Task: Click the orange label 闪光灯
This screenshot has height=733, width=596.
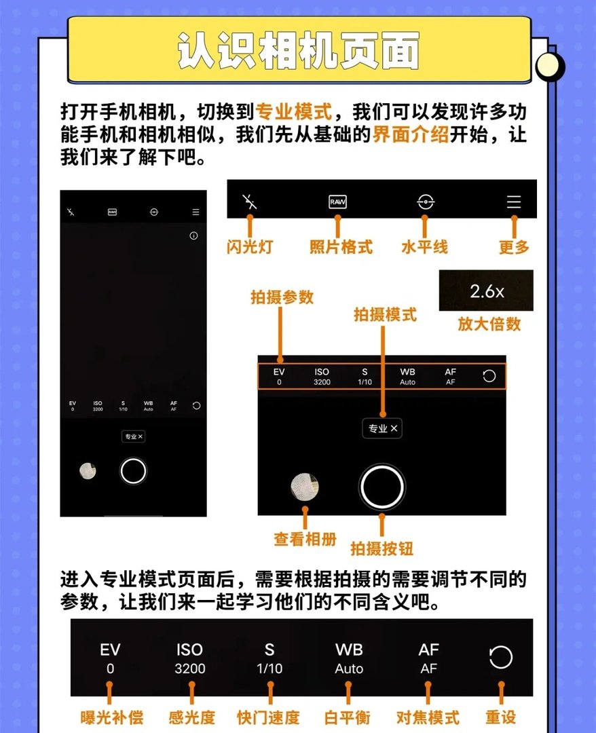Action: [250, 246]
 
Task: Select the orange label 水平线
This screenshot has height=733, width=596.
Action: [424, 246]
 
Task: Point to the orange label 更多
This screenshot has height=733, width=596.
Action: [514, 247]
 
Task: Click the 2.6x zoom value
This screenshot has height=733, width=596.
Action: [487, 292]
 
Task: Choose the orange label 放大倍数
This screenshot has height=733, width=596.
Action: [489, 324]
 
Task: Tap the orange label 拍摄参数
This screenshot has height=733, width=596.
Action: [282, 297]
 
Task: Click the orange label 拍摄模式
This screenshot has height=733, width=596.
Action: [385, 315]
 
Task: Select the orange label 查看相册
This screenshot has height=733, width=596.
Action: [305, 539]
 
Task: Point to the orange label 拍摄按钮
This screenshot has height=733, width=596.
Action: [381, 548]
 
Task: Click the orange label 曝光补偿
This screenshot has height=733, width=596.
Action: [109, 717]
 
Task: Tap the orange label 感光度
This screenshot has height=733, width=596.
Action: [191, 717]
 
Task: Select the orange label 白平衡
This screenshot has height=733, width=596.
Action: [348, 717]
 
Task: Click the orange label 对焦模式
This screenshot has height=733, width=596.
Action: [428, 717]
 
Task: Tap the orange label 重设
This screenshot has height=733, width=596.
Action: [501, 717]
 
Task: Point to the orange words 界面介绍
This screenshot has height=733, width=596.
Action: [411, 134]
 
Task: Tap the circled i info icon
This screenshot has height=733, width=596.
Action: [193, 236]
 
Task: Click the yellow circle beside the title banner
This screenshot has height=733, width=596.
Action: [549, 66]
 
